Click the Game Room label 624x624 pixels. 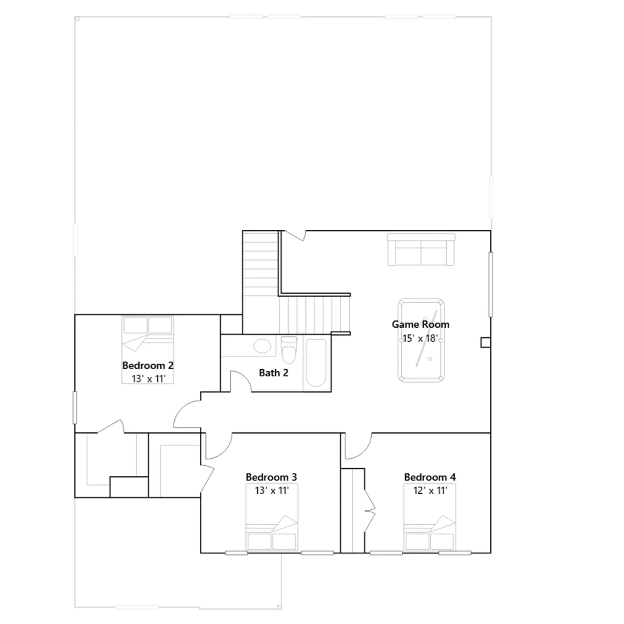[420, 324]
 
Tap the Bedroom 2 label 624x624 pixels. [148, 365]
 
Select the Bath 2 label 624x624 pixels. [274, 373]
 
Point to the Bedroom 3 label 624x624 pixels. [271, 477]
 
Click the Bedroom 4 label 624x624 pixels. [430, 477]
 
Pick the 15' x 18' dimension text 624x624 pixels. [420, 338]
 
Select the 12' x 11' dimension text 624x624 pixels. [430, 490]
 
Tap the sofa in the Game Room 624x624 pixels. [421, 250]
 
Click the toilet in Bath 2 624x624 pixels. [289, 349]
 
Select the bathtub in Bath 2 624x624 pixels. [316, 363]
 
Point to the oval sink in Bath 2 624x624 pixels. [262, 346]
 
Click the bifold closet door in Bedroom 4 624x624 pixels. [370, 509]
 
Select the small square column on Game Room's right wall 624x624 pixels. [486, 342]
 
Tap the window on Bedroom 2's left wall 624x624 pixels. [75, 408]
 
